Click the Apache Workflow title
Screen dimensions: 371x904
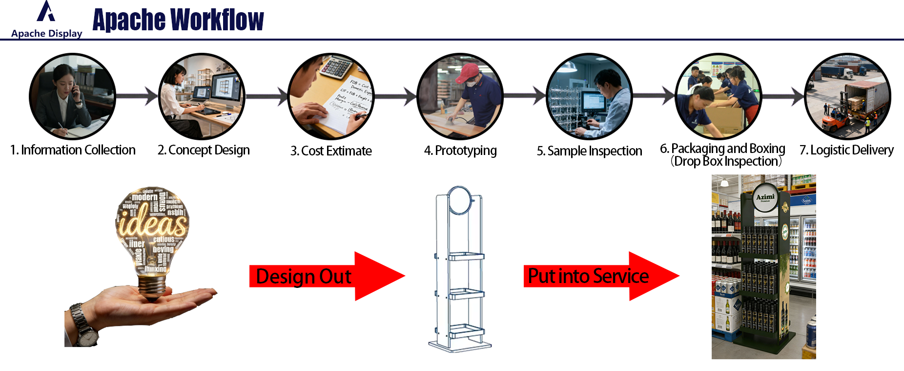(x=178, y=20)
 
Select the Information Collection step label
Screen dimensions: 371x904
(x=73, y=150)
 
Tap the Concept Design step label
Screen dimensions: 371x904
(x=204, y=150)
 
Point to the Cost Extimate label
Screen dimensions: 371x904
(x=331, y=151)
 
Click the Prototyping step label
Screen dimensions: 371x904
(x=460, y=151)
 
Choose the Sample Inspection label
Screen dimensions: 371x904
(x=589, y=151)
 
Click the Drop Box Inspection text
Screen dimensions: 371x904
(x=726, y=161)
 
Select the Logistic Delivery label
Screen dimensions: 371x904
(x=846, y=150)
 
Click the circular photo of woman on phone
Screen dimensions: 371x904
(x=72, y=97)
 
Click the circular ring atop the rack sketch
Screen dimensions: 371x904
(x=459, y=200)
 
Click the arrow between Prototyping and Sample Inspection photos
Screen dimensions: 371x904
(x=524, y=96)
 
